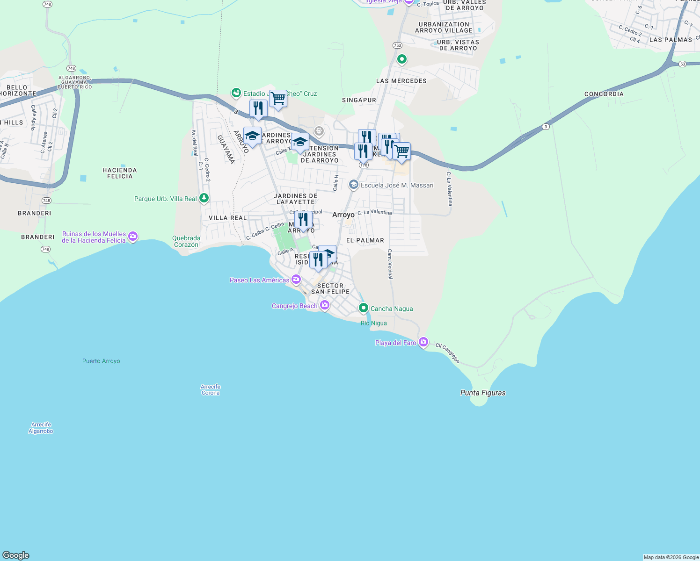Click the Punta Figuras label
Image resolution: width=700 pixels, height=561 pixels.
[483, 393]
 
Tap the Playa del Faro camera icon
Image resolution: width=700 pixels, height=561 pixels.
[423, 342]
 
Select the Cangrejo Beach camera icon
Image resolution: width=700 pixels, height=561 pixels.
[325, 305]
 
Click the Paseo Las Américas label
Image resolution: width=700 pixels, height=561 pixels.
[260, 280]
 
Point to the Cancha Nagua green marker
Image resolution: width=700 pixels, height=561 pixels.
[364, 308]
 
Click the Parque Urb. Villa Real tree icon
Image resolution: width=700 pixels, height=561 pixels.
[204, 198]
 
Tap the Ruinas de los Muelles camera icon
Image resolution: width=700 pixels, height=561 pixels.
[133, 237]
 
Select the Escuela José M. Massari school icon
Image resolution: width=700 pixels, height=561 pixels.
[354, 185]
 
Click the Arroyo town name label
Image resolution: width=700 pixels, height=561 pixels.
[343, 215]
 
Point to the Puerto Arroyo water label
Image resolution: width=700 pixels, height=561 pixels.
[101, 361]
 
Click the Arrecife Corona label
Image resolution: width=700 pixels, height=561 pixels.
[211, 390]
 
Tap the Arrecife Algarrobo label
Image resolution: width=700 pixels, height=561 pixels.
[41, 428]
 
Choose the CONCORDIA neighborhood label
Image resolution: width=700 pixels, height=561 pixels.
[604, 94]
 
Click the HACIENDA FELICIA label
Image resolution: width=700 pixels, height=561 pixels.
[120, 173]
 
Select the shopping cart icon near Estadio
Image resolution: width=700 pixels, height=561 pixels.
[278, 99]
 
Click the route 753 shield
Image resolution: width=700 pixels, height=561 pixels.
[397, 45]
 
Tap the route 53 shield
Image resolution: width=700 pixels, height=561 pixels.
[683, 64]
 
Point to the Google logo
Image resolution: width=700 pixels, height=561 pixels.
[16, 555]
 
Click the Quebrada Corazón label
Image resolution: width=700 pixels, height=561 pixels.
[186, 241]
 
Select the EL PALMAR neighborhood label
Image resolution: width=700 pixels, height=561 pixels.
[365, 240]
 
